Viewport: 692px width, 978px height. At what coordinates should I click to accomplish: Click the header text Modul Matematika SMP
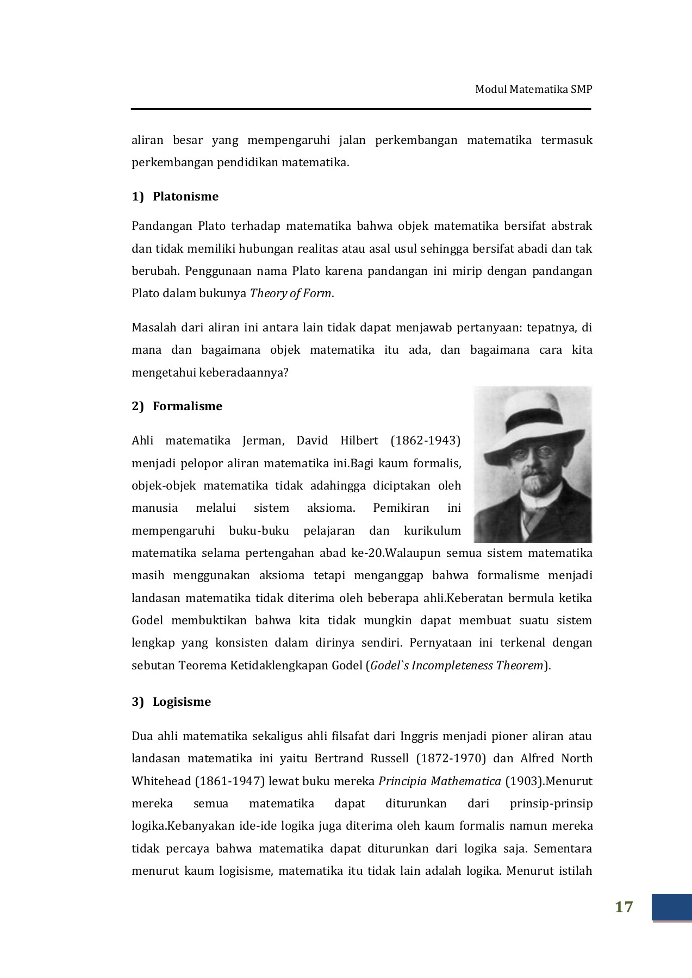tap(533, 90)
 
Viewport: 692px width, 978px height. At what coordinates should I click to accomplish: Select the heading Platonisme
tap(185, 197)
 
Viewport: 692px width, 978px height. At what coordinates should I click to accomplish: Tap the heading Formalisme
tap(188, 406)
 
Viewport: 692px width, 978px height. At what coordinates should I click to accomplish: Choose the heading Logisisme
tap(182, 702)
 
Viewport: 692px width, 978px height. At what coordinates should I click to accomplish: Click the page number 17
tap(624, 907)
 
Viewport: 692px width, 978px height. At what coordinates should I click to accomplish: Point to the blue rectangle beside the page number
tap(671, 907)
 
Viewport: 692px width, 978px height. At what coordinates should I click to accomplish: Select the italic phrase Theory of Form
tap(290, 293)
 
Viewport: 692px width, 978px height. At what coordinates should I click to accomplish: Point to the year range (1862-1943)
tap(425, 441)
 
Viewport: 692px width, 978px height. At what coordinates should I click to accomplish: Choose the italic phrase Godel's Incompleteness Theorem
tap(457, 666)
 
